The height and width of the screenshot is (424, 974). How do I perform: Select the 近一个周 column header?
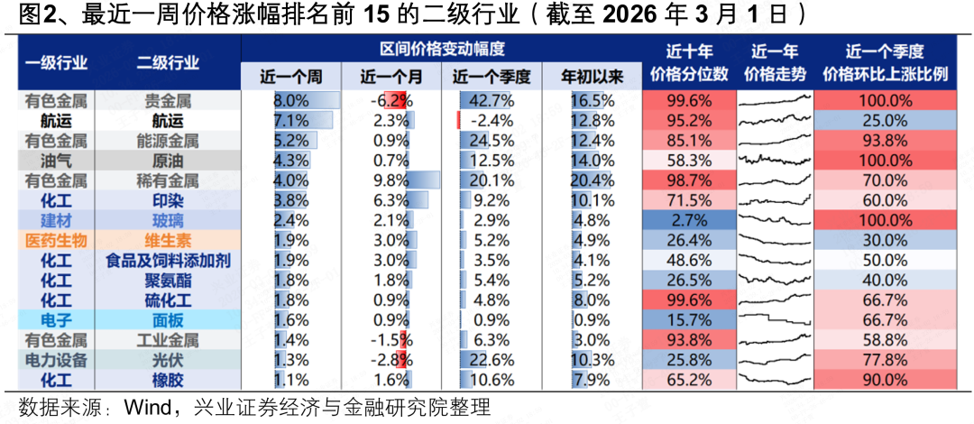pyautogui.click(x=289, y=77)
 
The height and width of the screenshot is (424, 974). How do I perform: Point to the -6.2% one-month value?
pyautogui.click(x=391, y=100)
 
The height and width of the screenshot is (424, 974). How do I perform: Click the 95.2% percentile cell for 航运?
pyautogui.click(x=683, y=120)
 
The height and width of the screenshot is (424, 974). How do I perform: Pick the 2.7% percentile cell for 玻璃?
pyautogui.click(x=683, y=220)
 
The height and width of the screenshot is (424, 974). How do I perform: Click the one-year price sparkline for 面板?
pyautogui.click(x=774, y=319)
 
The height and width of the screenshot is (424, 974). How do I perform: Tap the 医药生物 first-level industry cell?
pyautogui.click(x=56, y=240)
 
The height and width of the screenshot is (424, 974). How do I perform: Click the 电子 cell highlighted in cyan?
pyautogui.click(x=56, y=319)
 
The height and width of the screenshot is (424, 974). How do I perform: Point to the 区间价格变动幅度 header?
pyautogui.click(x=441, y=48)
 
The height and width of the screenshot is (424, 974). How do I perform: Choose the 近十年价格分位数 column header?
pyautogui.click(x=683, y=63)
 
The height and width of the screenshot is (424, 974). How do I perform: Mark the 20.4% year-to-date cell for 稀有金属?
pyautogui.click(x=593, y=180)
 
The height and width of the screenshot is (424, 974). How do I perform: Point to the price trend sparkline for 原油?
pyautogui.click(x=774, y=160)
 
